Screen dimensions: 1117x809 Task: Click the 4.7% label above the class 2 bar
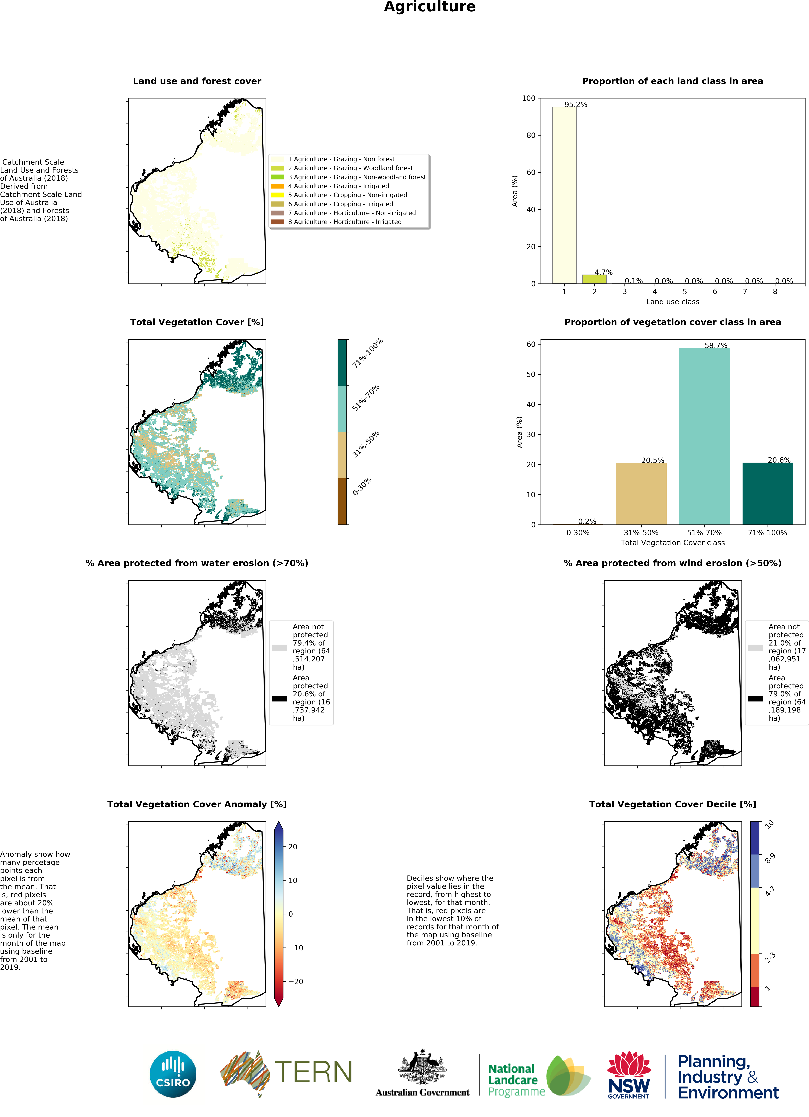tap(603, 272)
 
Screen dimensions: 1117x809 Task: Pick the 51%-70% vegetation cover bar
tap(704, 436)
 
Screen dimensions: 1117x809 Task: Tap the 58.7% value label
tap(715, 346)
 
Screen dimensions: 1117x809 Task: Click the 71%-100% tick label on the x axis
tap(767, 533)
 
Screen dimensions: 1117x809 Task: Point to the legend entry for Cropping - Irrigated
tap(340, 204)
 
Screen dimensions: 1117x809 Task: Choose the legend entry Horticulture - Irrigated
tap(345, 222)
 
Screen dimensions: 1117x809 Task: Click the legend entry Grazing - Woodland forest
tap(350, 168)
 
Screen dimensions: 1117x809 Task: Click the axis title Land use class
tap(672, 302)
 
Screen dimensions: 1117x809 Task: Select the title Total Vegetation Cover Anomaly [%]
tap(197, 804)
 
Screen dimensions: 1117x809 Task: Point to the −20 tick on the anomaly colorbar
tap(295, 982)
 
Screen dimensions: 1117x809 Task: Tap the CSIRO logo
tap(173, 1074)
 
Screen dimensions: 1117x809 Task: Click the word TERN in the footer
tap(313, 1072)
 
